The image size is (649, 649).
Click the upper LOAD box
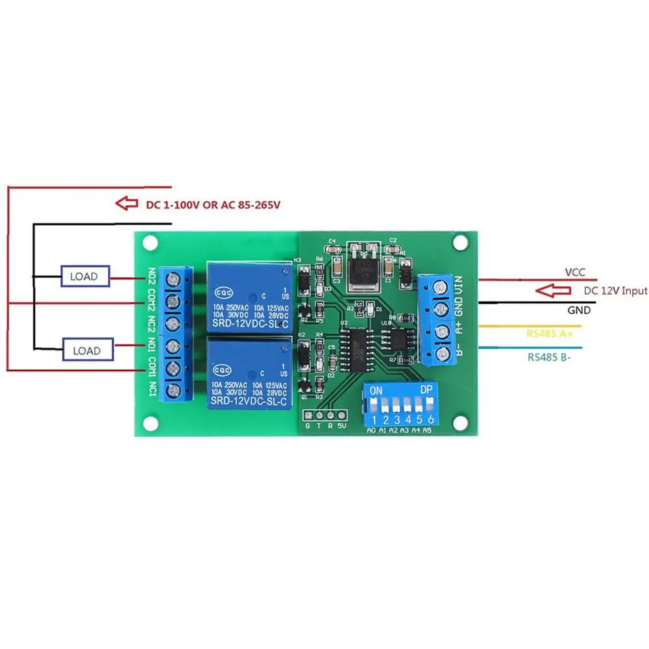[85, 276]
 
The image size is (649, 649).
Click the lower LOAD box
[86, 350]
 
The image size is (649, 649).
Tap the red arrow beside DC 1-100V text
[127, 204]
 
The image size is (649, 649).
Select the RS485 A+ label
[554, 333]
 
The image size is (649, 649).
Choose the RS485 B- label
[553, 356]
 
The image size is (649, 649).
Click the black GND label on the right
[579, 310]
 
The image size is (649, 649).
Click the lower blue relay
[248, 373]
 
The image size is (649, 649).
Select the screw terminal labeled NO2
[173, 280]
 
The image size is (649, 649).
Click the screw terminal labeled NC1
[173, 391]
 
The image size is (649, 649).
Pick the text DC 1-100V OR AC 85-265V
[213, 204]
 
